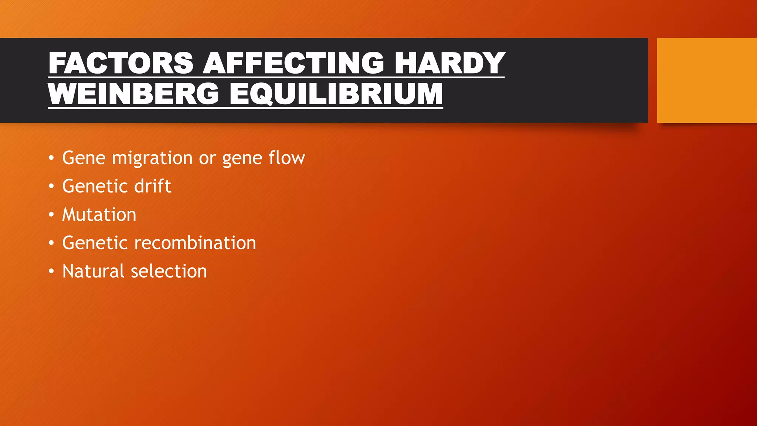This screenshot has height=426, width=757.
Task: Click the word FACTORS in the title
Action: pos(121,63)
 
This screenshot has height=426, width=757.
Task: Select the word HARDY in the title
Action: pos(449,63)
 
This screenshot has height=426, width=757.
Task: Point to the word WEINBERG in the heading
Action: pos(134,94)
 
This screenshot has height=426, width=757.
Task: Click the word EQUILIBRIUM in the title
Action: pos(336,94)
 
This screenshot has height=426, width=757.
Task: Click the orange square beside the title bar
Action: pos(706,80)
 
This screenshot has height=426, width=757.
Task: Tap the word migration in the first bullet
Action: pos(152,158)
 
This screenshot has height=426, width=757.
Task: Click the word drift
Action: pos(152,186)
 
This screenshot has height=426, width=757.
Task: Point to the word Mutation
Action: pos(99,215)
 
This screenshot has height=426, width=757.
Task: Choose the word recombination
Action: pos(195,243)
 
